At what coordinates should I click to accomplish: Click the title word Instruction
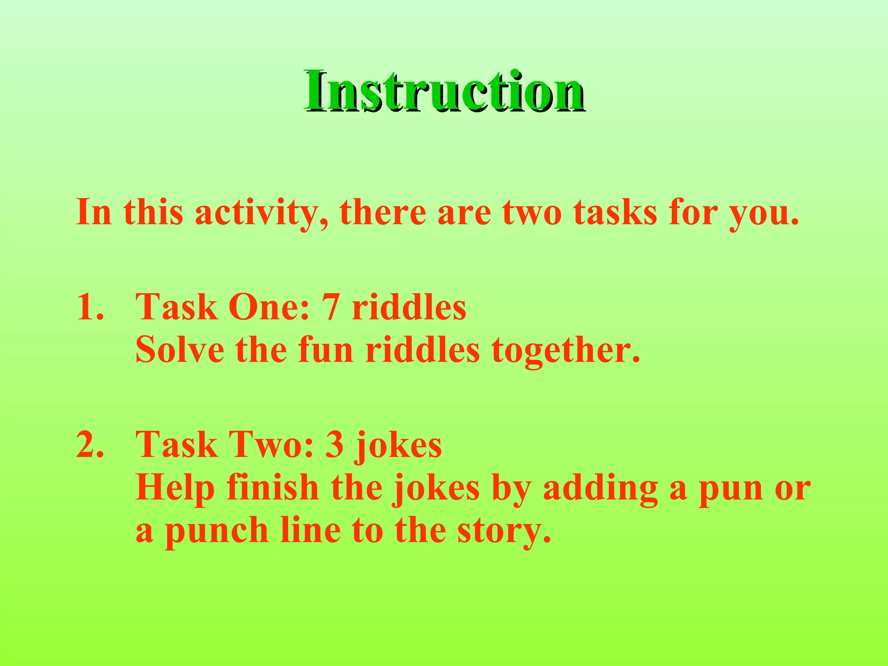444,92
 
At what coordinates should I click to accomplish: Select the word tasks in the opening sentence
615,212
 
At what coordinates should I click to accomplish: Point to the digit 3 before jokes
334,445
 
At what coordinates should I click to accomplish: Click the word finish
273,487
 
